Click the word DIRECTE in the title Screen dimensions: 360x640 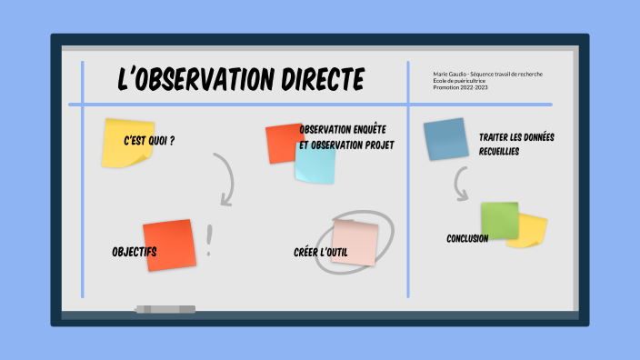[x=321, y=80]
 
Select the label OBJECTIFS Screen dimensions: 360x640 [x=135, y=251]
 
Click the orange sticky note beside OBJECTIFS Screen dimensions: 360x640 [x=169, y=244]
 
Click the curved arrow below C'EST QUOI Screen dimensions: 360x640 [x=225, y=178]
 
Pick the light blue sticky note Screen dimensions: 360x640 [x=316, y=165]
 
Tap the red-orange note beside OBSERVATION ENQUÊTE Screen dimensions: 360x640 [x=283, y=142]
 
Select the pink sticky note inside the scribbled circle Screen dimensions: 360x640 [x=354, y=243]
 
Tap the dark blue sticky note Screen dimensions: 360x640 [x=445, y=139]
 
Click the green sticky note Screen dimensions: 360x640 [x=499, y=221]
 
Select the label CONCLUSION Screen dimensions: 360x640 [x=467, y=238]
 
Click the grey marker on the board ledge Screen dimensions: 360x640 [x=165, y=309]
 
